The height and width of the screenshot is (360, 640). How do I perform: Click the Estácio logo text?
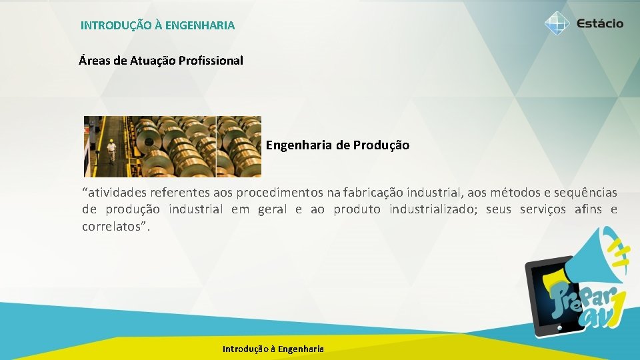point(600,23)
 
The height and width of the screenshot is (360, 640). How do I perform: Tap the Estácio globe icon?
point(557,23)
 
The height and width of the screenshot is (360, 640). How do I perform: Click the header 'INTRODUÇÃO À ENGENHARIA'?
point(157,25)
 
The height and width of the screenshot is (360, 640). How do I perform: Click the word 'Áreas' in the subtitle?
point(95,61)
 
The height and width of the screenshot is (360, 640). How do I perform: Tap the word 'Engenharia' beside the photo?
point(299,145)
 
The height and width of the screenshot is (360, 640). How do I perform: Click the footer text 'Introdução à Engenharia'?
point(273,349)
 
